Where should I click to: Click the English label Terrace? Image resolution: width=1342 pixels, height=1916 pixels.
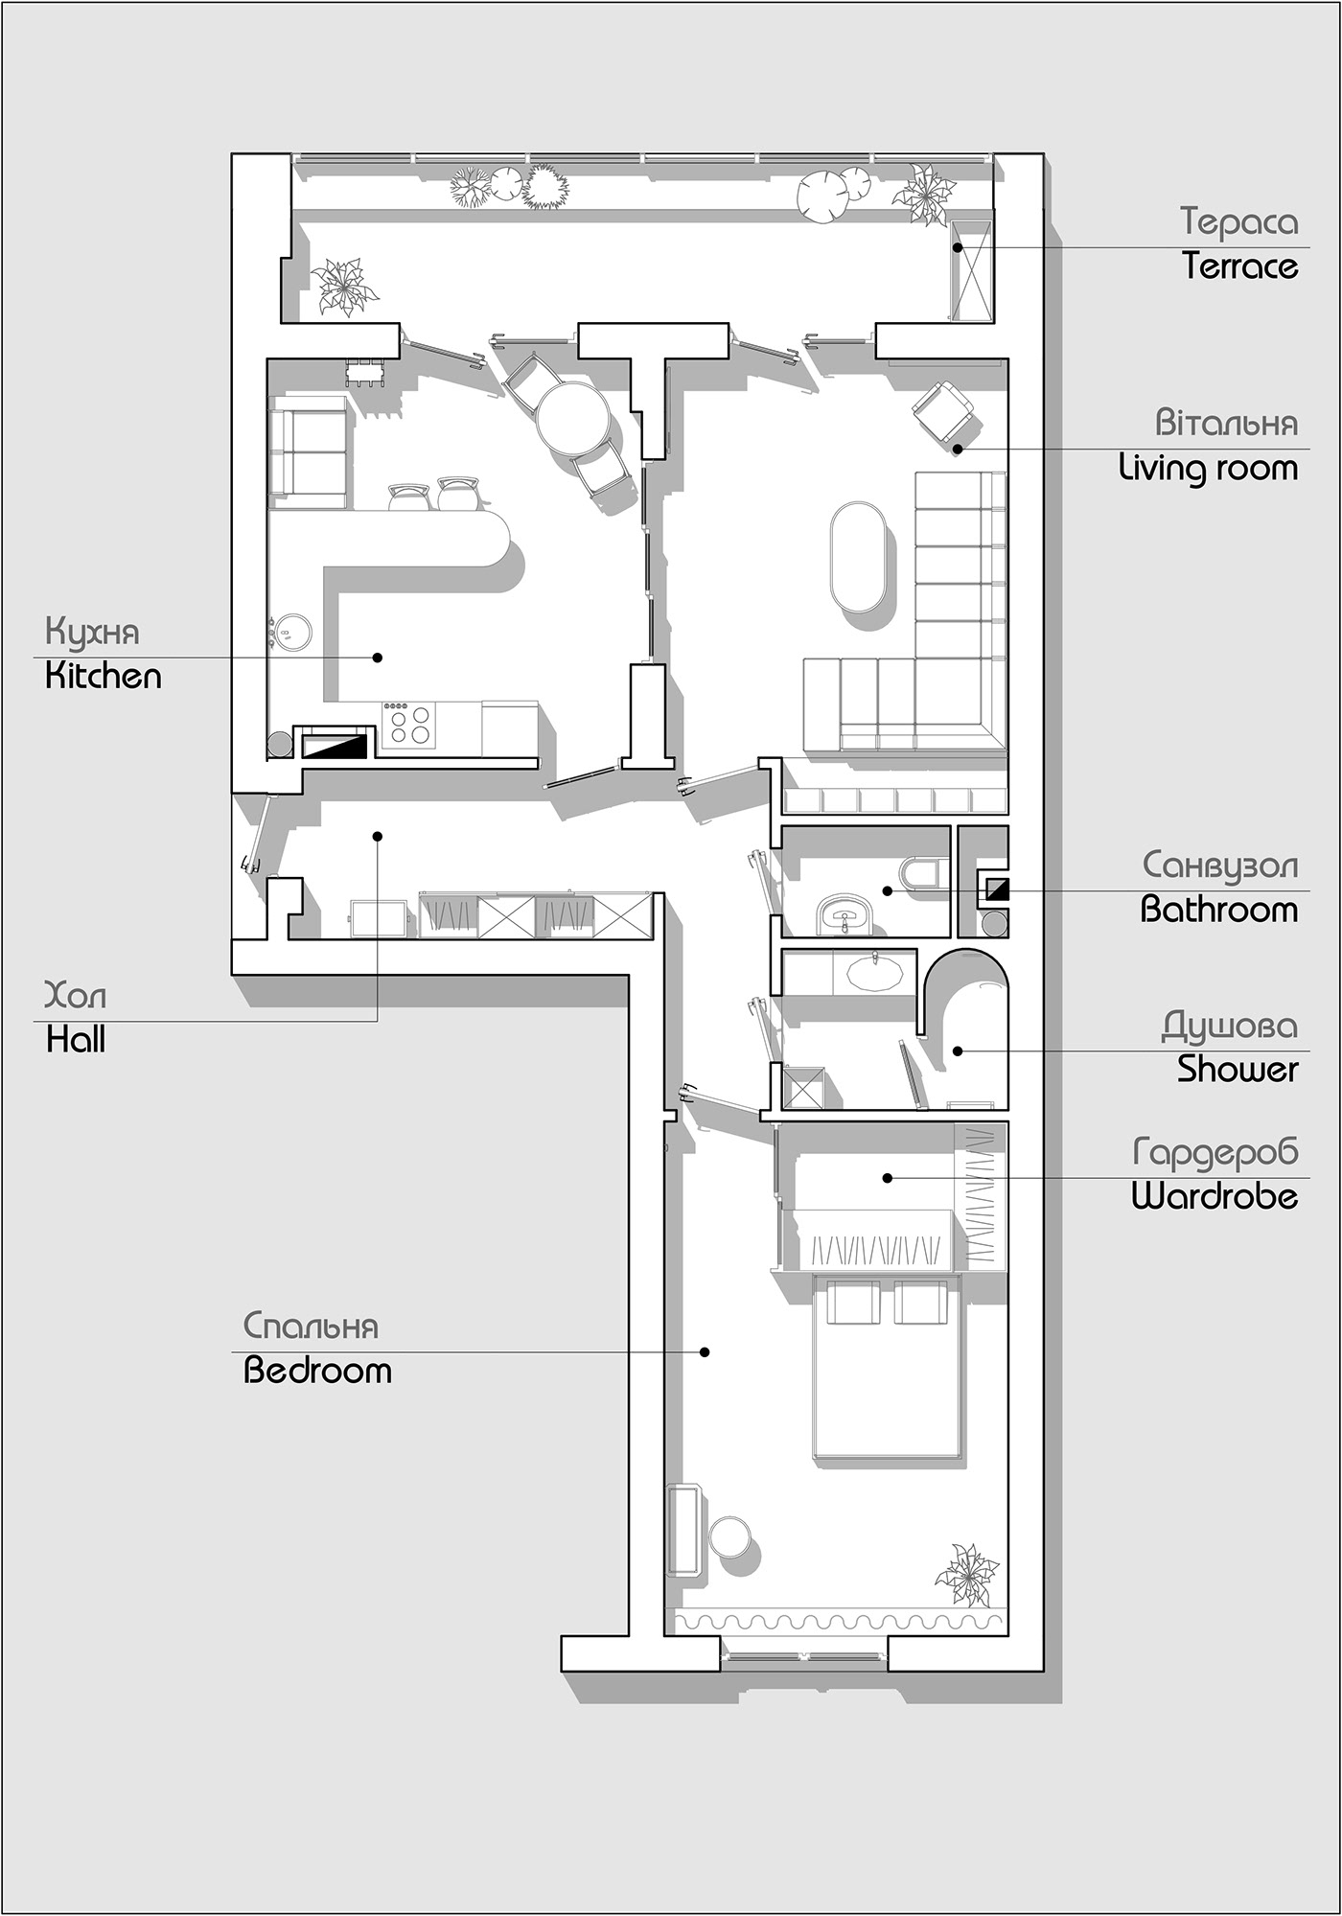tap(1239, 265)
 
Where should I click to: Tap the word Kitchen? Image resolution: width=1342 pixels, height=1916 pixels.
tap(104, 677)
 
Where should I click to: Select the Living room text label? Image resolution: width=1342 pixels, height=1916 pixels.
tap(1208, 469)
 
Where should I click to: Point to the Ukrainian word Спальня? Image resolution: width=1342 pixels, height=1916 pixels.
tap(311, 1327)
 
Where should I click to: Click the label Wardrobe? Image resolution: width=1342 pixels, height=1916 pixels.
tap(1215, 1196)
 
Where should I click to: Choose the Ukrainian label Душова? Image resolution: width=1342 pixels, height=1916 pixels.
tap(1230, 1026)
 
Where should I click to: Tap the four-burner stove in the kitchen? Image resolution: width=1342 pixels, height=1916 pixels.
tap(409, 725)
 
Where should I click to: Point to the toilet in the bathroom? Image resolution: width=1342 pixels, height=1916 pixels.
tap(923, 873)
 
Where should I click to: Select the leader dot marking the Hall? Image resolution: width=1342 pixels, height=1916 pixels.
tap(378, 836)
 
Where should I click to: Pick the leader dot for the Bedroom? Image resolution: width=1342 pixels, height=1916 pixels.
tap(705, 1352)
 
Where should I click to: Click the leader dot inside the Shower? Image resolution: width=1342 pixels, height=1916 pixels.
tap(957, 1051)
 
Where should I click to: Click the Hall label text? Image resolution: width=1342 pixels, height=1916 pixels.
tap(76, 1040)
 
